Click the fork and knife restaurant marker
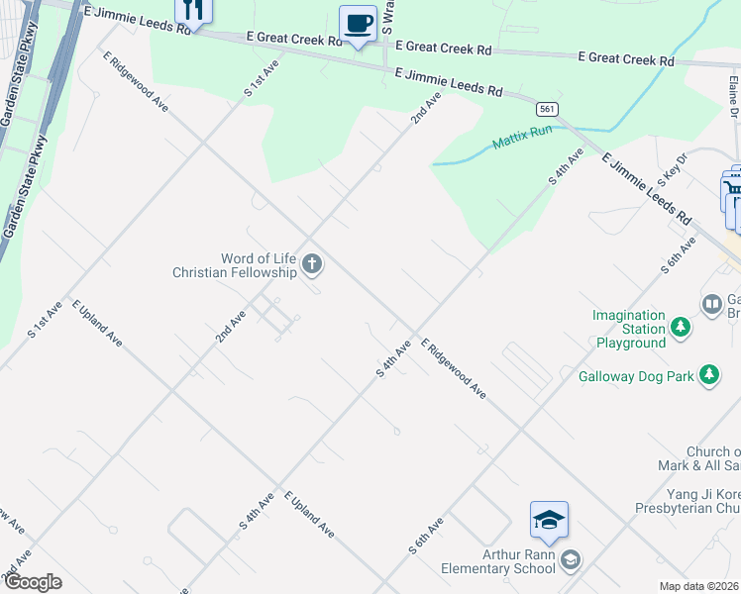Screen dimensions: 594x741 [x=193, y=10]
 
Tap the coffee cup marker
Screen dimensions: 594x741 [x=357, y=23]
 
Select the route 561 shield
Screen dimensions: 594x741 [x=546, y=108]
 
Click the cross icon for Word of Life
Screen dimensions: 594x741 [x=312, y=263]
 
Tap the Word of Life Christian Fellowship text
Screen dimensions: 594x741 [x=235, y=265]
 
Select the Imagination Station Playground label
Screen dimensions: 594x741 [x=629, y=330]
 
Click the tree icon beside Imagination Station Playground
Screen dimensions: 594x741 [x=680, y=326]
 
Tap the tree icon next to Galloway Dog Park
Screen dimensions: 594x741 [x=708, y=374]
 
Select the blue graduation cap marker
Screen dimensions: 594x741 [x=549, y=521]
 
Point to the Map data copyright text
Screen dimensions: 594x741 [x=699, y=586]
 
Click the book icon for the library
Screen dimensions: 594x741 [x=710, y=304]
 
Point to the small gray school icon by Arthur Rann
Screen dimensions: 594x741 [x=570, y=561]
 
